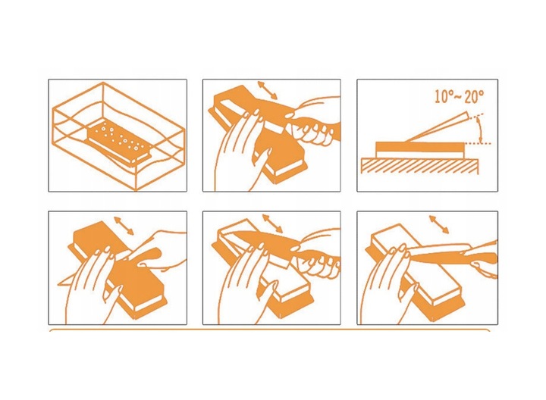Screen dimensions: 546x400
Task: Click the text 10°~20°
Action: [460, 96]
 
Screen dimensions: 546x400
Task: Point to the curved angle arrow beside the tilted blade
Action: [480, 130]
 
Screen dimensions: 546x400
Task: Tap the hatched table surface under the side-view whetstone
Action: [419, 166]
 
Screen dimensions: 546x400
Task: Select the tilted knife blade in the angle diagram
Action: [438, 127]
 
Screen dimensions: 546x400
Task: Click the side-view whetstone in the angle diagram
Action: [420, 149]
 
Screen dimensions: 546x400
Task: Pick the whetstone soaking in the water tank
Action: [119, 142]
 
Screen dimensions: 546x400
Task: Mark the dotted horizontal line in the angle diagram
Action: [477, 143]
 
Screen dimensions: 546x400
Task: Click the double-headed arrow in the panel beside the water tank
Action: [267, 90]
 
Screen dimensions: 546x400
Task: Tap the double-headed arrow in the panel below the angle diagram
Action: [439, 225]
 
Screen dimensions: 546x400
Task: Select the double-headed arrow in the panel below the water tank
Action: [124, 226]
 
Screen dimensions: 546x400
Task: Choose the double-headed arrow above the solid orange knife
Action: [272, 223]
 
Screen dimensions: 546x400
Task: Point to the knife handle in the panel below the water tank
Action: [146, 256]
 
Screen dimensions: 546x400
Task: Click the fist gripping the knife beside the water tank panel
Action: [312, 130]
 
